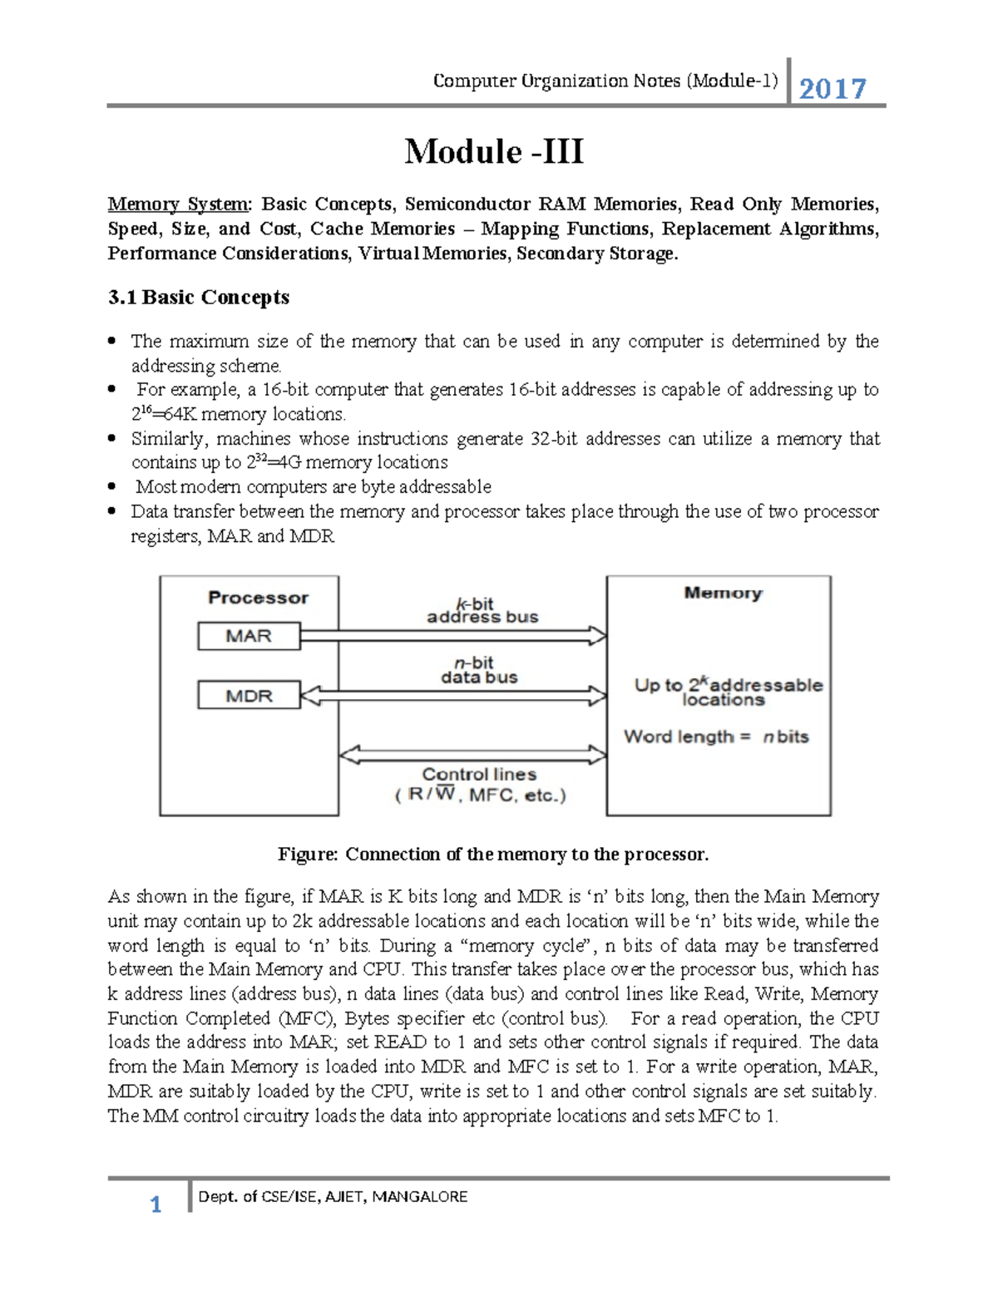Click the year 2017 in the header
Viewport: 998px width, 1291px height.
click(832, 88)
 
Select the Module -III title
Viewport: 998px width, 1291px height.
click(494, 152)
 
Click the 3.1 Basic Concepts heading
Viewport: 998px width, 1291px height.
click(199, 298)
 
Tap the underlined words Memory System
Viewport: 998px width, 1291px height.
click(178, 204)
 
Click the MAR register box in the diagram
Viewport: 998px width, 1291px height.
click(249, 636)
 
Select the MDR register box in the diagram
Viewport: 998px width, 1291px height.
click(249, 696)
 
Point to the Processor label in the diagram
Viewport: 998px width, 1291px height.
click(258, 598)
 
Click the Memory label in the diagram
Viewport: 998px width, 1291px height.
click(723, 593)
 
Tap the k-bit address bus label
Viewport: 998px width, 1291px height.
click(482, 610)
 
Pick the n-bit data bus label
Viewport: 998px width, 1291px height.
click(479, 670)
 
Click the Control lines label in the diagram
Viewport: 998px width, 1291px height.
click(479, 774)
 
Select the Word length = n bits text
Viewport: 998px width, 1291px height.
click(716, 737)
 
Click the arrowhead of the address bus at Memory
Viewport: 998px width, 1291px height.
click(598, 637)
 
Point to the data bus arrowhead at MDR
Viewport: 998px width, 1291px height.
click(310, 696)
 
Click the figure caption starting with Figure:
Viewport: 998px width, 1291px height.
click(493, 855)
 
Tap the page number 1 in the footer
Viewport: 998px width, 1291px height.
click(156, 1205)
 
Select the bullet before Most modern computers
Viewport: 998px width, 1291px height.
click(112, 487)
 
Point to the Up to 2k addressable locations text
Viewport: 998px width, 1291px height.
click(728, 692)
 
